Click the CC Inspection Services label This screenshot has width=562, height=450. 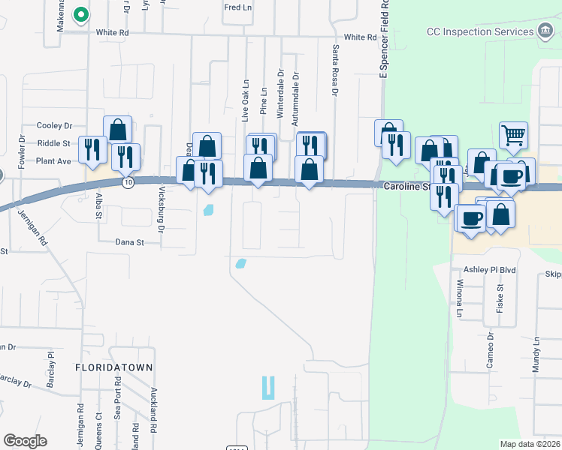pos(479,31)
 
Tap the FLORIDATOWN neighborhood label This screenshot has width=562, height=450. pos(113,367)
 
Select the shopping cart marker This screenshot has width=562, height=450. pos(514,136)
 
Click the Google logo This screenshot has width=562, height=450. pos(25,441)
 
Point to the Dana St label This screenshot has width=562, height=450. pos(129,241)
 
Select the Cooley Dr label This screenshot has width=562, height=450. pos(54,126)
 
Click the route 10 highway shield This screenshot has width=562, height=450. pos(129,182)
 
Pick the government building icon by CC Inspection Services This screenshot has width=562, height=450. pos(545,31)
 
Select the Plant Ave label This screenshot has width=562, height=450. pos(53,160)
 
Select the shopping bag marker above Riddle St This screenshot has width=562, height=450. pos(118,130)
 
